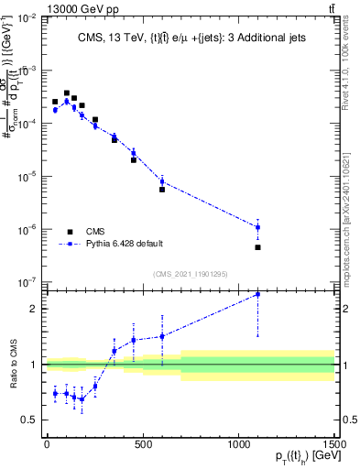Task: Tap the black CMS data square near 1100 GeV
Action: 258,247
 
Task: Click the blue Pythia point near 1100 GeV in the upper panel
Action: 258,227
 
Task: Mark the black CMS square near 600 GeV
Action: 162,190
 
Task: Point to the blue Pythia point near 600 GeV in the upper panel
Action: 162,181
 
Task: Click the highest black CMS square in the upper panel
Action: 67,93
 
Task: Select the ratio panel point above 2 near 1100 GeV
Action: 258,294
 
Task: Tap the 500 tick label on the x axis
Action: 143,443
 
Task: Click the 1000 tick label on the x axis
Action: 239,443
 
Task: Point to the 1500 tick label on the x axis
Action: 334,443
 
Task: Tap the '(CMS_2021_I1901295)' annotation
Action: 191,274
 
